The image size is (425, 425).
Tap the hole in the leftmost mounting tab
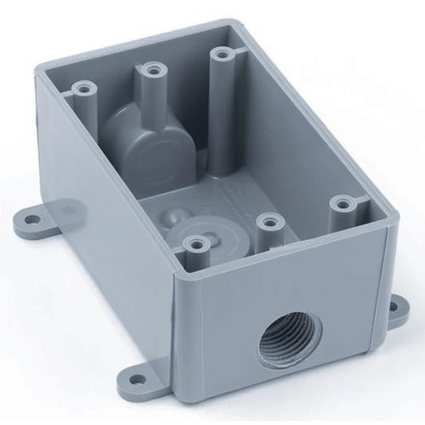[31, 219]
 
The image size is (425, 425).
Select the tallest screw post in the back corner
[222, 57]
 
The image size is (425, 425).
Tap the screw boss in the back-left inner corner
[83, 88]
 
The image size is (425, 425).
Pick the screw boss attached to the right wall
[342, 204]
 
